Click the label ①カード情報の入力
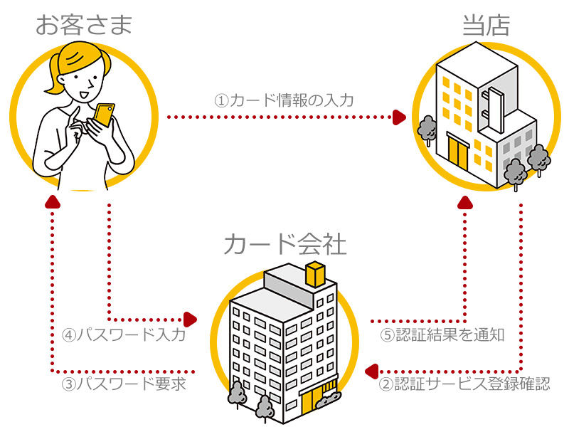(x=284, y=100)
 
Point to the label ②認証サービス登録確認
(x=464, y=384)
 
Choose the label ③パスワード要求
(x=124, y=384)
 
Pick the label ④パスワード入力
(x=124, y=334)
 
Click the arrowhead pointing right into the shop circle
(x=400, y=117)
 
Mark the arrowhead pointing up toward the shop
(x=466, y=204)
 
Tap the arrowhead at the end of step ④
(x=190, y=318)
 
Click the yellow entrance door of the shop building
(x=457, y=149)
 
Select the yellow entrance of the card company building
(x=312, y=403)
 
